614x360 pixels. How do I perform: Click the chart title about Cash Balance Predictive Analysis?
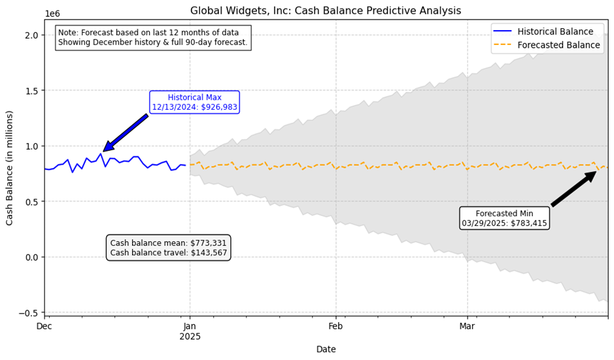tap(326, 11)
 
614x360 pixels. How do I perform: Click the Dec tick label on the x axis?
tap(44, 327)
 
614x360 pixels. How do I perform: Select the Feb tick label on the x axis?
tap(335, 327)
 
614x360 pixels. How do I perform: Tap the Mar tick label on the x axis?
tap(467, 327)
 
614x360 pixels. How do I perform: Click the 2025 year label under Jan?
tap(190, 336)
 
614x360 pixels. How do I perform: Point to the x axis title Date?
tap(326, 350)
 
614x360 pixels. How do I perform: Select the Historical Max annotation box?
tap(194, 102)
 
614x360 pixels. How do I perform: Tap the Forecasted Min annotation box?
tap(504, 218)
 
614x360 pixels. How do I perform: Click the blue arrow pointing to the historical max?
tap(126, 133)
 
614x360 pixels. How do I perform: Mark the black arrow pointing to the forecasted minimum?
tap(573, 189)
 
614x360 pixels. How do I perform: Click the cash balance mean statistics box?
tap(168, 248)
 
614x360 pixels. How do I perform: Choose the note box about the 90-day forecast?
tap(153, 38)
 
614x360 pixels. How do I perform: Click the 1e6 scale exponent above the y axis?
tap(52, 14)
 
